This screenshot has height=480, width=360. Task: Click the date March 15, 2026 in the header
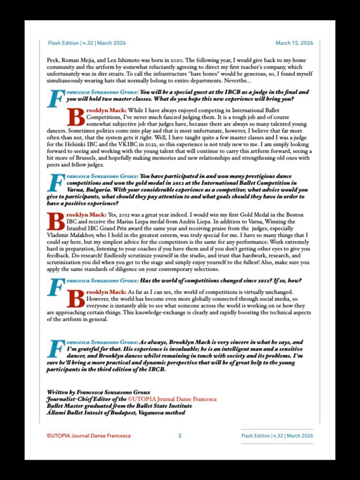pyautogui.click(x=294, y=43)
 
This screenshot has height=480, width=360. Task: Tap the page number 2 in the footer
pyautogui.click(x=180, y=435)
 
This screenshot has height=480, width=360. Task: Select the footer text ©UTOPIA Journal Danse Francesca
pyautogui.click(x=89, y=435)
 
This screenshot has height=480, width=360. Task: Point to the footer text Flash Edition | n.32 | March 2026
pyautogui.click(x=277, y=435)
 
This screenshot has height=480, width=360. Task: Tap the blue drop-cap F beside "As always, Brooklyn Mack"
pyautogui.click(x=55, y=349)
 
